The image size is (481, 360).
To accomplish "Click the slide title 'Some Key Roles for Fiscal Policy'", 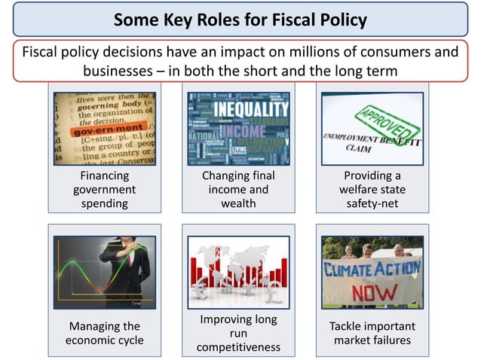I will [x=240, y=19].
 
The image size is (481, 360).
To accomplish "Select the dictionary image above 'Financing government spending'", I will [x=104, y=128].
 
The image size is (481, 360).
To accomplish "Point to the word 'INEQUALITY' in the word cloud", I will [x=240, y=107].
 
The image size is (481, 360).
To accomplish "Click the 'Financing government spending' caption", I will [x=104, y=190].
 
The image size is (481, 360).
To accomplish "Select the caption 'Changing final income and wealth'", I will [x=238, y=190].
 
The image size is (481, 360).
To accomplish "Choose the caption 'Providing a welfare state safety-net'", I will [x=372, y=190].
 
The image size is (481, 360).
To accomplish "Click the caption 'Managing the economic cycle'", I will [x=104, y=334].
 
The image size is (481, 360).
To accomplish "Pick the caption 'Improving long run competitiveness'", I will [x=238, y=334].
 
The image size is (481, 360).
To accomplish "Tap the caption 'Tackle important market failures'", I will [x=372, y=334].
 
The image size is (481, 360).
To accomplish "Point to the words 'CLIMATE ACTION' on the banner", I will [x=372, y=269].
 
